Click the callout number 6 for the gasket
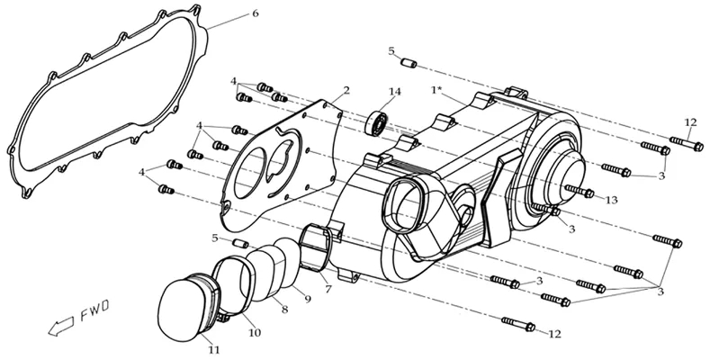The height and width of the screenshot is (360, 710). click(x=256, y=13)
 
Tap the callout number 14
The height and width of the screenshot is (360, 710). click(x=394, y=92)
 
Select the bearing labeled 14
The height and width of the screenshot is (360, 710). click(x=376, y=122)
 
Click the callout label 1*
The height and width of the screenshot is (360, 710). click(x=436, y=90)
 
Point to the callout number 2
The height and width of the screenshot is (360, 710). click(x=346, y=90)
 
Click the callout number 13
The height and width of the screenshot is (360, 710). click(x=611, y=200)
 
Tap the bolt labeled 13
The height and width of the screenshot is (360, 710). click(x=580, y=192)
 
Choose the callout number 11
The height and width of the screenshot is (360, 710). click(x=214, y=349)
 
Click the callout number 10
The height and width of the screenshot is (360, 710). click(x=255, y=333)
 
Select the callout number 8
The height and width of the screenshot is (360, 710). click(x=284, y=310)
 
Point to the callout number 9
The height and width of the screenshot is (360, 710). click(x=308, y=300)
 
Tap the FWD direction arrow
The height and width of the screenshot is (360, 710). click(x=61, y=326)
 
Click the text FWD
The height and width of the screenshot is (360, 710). click(x=95, y=310)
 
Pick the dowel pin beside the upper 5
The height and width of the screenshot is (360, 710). click(x=409, y=63)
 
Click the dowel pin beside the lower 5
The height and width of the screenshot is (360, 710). click(x=240, y=244)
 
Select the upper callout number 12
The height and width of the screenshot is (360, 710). click(x=690, y=122)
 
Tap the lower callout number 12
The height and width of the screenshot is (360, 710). click(x=554, y=334)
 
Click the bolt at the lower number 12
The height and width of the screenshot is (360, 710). click(x=518, y=324)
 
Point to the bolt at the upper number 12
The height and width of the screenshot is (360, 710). click(x=687, y=144)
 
